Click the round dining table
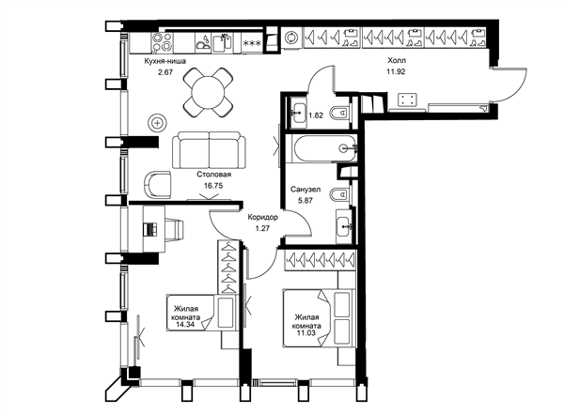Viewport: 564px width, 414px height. tap(208, 92)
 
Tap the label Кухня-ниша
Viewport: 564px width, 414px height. tap(165, 61)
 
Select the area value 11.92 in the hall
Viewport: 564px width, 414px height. tap(396, 71)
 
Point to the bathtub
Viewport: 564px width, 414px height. tap(324, 147)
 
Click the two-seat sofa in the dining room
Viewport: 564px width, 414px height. tap(210, 150)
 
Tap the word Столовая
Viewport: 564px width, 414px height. tap(213, 175)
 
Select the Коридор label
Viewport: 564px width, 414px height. tap(262, 217)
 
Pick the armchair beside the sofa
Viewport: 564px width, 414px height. tap(158, 184)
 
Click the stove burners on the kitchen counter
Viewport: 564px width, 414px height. tap(163, 42)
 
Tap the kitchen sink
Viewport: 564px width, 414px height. tap(222, 43)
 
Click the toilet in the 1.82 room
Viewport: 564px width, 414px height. tap(339, 113)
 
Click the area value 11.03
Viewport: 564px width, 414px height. tap(306, 332)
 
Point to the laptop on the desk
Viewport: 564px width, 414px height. tap(150, 229)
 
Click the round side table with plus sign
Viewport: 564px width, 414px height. tap(158, 123)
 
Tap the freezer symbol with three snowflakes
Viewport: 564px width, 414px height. tap(252, 43)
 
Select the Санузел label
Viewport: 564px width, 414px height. tap(305, 190)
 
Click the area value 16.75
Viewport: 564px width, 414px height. tap(213, 186)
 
